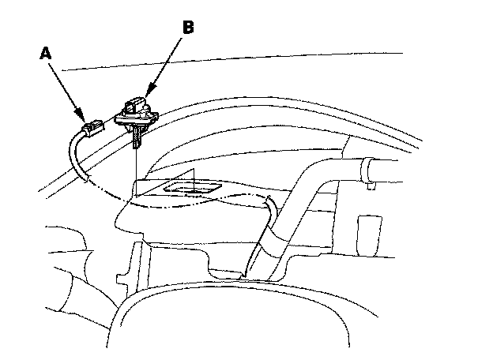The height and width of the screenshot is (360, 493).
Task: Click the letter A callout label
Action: coord(45,54)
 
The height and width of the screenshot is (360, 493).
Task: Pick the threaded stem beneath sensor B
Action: coord(138,139)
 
